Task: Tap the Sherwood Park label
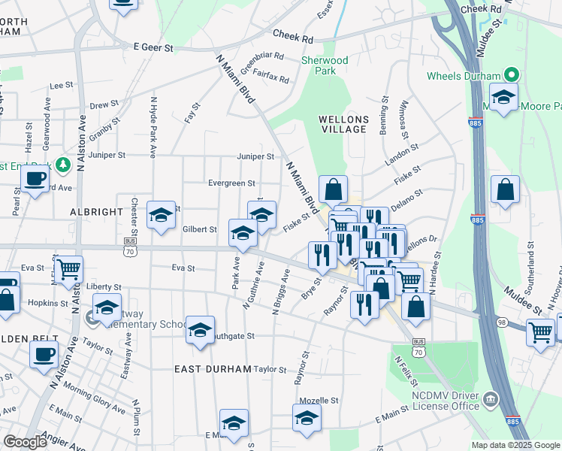coord(325,65)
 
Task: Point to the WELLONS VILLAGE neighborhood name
coord(343,124)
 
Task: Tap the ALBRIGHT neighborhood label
coord(95,213)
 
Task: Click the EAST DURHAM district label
coord(206,369)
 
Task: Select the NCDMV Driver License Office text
coord(445,401)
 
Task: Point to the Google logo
coord(26,442)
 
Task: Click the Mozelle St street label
coord(317,401)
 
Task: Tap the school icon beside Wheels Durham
coord(503,97)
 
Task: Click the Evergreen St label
coord(231,183)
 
